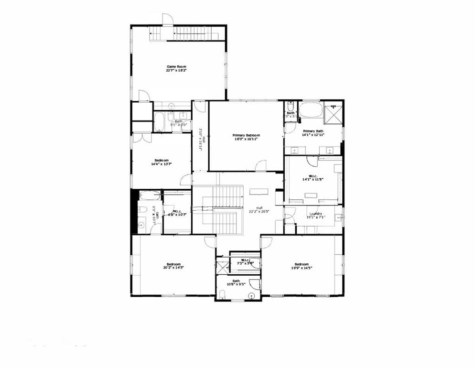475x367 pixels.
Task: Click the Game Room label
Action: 176,66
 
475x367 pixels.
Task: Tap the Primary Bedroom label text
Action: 246,135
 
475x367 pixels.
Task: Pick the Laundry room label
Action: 315,214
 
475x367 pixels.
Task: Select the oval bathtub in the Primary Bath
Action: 311,110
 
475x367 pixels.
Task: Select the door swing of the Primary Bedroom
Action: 261,166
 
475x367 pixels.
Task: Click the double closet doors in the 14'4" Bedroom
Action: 142,138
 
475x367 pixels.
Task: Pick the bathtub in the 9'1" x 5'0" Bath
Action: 159,122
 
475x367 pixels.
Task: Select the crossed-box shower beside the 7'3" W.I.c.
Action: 222,265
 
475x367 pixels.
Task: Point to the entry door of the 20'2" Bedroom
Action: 210,242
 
